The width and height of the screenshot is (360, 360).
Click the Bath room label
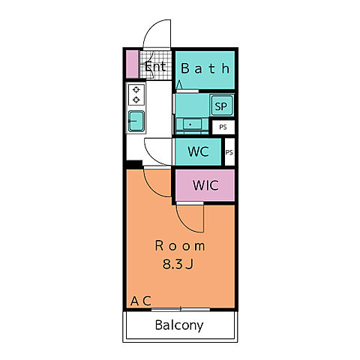pyautogui.click(x=205, y=68)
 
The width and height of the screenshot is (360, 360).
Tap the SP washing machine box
pyautogui.click(x=221, y=106)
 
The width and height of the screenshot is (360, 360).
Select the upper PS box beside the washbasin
pyautogui.click(x=223, y=127)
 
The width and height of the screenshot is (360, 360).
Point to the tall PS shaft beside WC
pyautogui.click(x=229, y=152)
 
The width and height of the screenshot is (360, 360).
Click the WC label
pyautogui.click(x=198, y=151)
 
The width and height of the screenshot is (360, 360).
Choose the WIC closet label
pyautogui.click(x=205, y=185)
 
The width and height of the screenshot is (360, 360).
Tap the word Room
pyautogui.click(x=180, y=246)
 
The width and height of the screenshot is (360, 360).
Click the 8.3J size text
pyautogui.click(x=178, y=264)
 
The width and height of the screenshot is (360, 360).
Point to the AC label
pyautogui.click(x=141, y=301)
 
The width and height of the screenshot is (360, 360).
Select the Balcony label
pyautogui.click(x=179, y=325)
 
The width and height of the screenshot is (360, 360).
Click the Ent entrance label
pyautogui.click(x=155, y=67)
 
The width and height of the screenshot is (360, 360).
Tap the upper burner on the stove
pyautogui.click(x=136, y=89)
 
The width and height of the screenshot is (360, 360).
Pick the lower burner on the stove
pyautogui.click(x=136, y=100)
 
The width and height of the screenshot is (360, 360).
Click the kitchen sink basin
pyautogui.click(x=136, y=121)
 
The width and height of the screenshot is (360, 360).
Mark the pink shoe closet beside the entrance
pyautogui.click(x=132, y=64)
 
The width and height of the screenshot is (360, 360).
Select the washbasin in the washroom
pyautogui.click(x=192, y=124)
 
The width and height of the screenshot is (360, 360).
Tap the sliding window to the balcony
pyautogui.click(x=181, y=310)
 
